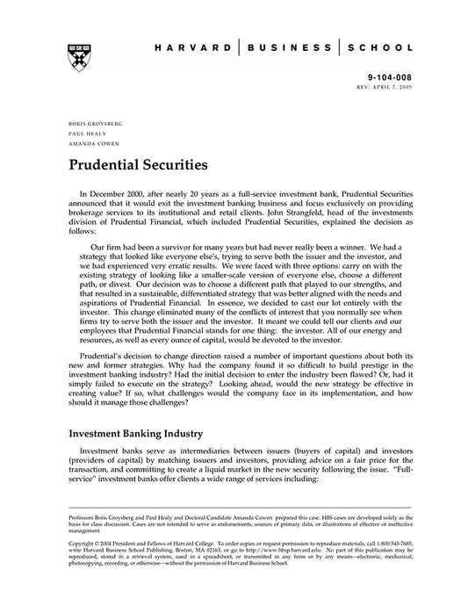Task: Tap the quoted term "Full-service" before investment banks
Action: [x=97, y=481]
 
